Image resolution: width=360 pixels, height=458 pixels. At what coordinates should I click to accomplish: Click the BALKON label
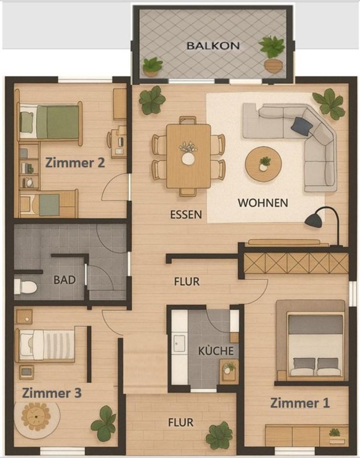tap(213, 46)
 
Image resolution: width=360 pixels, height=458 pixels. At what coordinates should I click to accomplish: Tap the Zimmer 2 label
tap(75, 163)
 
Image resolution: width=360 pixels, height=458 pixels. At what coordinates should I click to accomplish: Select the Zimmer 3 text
tap(52, 393)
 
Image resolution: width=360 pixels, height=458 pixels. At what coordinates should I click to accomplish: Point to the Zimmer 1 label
tap(300, 403)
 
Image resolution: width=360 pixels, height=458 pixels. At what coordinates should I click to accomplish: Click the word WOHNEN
tap(263, 203)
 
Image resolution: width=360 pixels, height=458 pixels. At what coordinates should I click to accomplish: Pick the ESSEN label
tap(186, 215)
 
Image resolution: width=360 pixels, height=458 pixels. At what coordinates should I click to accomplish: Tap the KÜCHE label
tap(216, 351)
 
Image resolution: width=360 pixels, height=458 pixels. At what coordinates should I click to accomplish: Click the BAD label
tap(64, 280)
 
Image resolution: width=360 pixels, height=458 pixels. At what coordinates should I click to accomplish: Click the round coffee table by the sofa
tap(263, 164)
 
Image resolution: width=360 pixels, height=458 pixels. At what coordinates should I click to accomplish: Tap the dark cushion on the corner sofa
tap(301, 126)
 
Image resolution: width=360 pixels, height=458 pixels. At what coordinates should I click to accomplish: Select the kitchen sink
tap(179, 343)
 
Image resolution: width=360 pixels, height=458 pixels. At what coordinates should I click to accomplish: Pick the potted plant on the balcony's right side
tap(272, 53)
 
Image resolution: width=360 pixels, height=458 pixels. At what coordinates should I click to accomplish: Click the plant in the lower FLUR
tap(219, 435)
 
